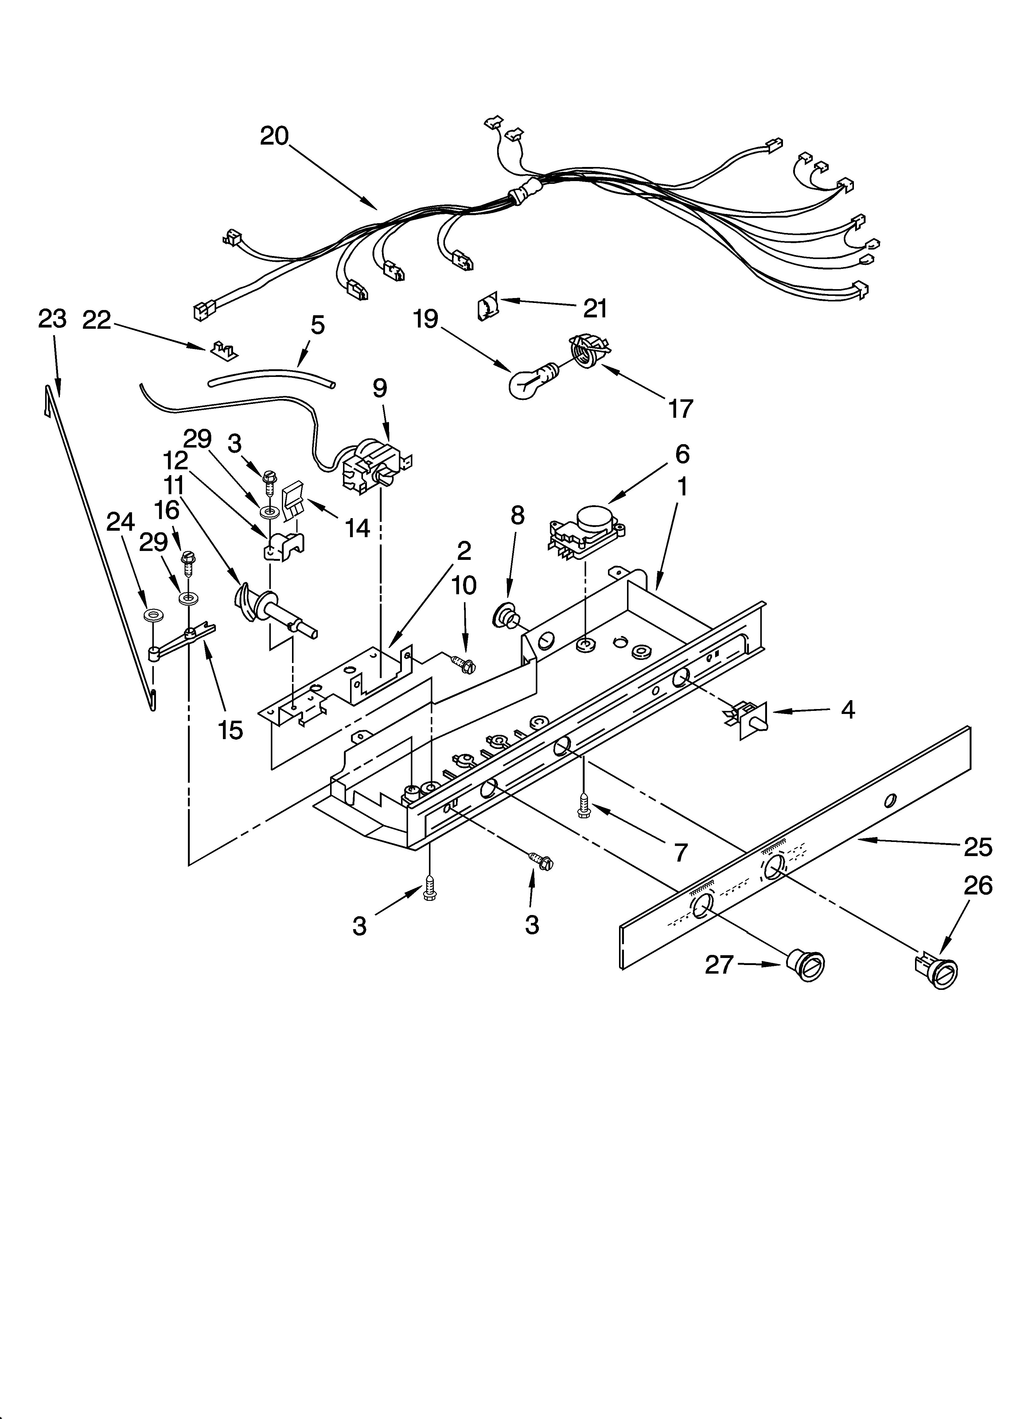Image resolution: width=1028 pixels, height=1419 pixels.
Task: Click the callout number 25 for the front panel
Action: (978, 847)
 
